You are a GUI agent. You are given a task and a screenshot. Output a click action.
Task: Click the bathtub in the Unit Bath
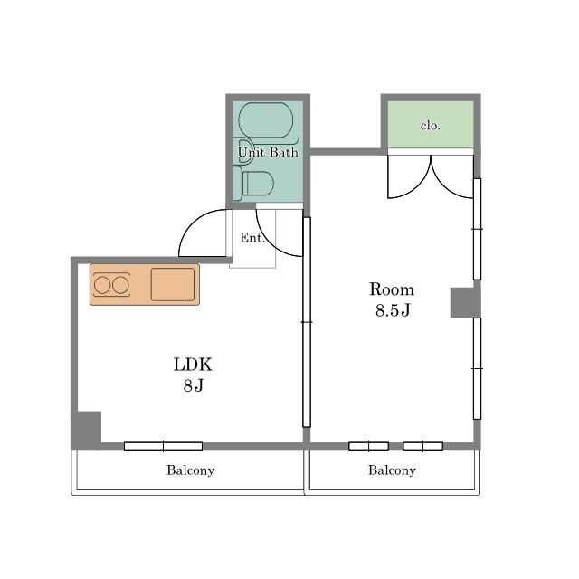point(265,120)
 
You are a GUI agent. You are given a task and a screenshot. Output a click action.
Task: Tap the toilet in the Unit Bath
point(253,184)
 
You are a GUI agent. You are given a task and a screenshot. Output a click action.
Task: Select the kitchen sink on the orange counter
point(173,284)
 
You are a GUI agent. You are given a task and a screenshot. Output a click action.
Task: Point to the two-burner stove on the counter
point(111,285)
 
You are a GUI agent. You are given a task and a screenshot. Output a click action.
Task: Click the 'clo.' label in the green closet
point(431,126)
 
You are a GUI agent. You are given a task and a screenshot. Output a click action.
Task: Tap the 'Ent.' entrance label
point(252,237)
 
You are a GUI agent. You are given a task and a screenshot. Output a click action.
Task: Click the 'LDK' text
point(193,365)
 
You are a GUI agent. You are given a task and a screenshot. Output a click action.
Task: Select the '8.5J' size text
point(393,309)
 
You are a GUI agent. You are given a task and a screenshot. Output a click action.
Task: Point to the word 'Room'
point(392,289)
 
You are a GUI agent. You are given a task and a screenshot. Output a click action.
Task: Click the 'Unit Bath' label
point(268,152)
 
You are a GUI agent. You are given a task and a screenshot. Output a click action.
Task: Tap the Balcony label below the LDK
point(191,470)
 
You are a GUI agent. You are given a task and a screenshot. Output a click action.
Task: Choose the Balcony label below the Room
point(392,470)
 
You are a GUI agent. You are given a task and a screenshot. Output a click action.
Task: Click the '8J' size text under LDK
point(194,385)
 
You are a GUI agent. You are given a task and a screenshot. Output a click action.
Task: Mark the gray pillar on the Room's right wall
point(465,303)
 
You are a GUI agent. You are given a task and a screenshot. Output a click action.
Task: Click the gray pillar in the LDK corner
point(86,431)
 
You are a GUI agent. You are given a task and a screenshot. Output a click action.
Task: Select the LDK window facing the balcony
point(163,446)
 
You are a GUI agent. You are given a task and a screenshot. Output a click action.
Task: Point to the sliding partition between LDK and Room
point(307,322)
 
